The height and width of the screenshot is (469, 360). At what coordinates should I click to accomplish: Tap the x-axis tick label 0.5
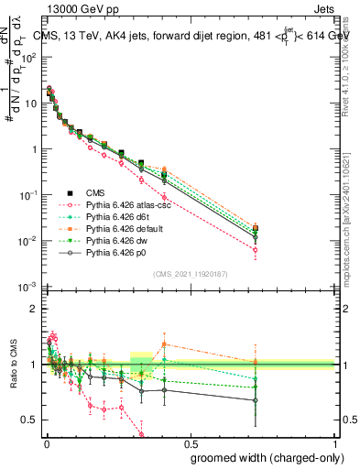[189, 443]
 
